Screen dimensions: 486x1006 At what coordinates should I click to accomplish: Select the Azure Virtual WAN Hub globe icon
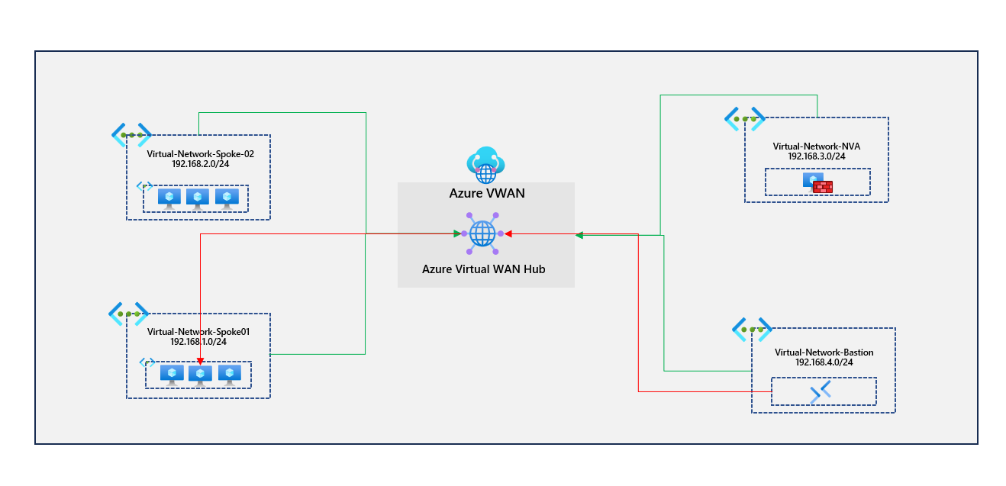tap(482, 233)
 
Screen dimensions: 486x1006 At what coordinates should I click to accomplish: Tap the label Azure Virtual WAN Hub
tap(484, 269)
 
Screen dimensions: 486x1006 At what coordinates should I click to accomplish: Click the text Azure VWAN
tap(487, 193)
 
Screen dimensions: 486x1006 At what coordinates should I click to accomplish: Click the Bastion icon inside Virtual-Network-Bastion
tap(820, 392)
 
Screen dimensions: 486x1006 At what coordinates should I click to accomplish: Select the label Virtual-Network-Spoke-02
tap(200, 153)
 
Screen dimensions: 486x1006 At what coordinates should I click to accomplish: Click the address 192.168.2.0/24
tap(200, 163)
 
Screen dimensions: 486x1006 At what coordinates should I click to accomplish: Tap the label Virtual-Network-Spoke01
tap(198, 332)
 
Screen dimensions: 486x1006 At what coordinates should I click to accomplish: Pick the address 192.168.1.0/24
tap(198, 342)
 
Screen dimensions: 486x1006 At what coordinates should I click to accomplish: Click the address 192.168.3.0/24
tap(817, 156)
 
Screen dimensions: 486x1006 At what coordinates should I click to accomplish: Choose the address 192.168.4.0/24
tap(824, 362)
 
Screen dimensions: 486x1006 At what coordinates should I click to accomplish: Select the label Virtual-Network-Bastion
tap(824, 352)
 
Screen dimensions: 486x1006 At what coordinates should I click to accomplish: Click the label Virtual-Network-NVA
tap(817, 146)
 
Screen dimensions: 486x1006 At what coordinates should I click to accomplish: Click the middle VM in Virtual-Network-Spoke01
tap(200, 375)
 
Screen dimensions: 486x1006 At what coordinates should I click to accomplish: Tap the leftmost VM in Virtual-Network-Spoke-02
tap(169, 198)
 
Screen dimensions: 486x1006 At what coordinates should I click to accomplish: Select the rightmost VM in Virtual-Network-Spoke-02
tap(227, 198)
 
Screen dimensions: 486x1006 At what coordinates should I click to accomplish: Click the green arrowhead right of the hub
tap(579, 236)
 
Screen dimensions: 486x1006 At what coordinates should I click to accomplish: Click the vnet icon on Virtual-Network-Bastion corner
tap(752, 329)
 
